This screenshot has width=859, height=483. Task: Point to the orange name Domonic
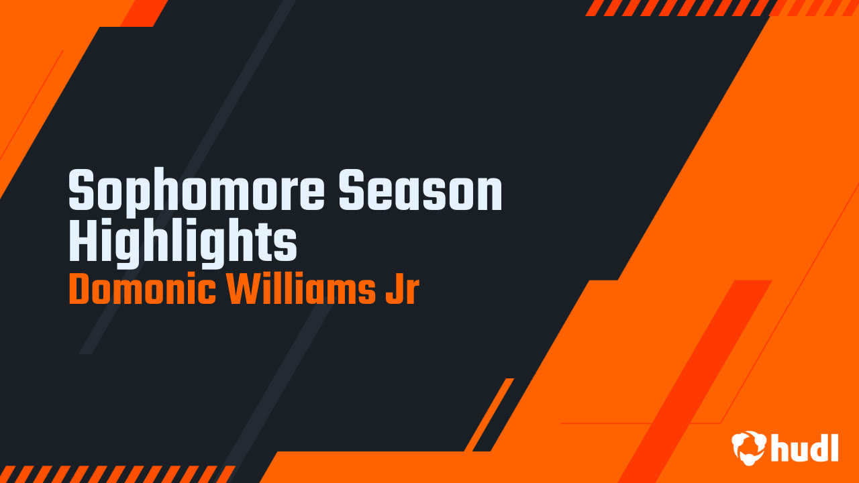click(x=142, y=290)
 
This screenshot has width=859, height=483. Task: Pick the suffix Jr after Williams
click(x=401, y=290)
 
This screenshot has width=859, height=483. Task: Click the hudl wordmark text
click(x=805, y=447)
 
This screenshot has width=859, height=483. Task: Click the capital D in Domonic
click(x=79, y=290)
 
